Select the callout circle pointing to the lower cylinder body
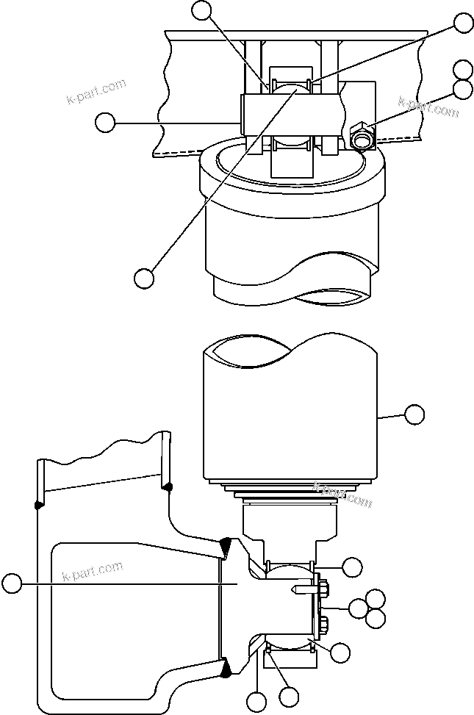click(415, 414)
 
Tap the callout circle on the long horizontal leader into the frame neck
click(11, 584)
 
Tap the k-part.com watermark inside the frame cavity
click(93, 570)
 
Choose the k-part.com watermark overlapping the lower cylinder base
click(342, 494)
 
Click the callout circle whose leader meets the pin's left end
click(107, 123)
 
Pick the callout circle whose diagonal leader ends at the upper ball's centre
click(144, 278)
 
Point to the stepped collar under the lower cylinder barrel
click(290, 494)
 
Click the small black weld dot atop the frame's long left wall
click(37, 504)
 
